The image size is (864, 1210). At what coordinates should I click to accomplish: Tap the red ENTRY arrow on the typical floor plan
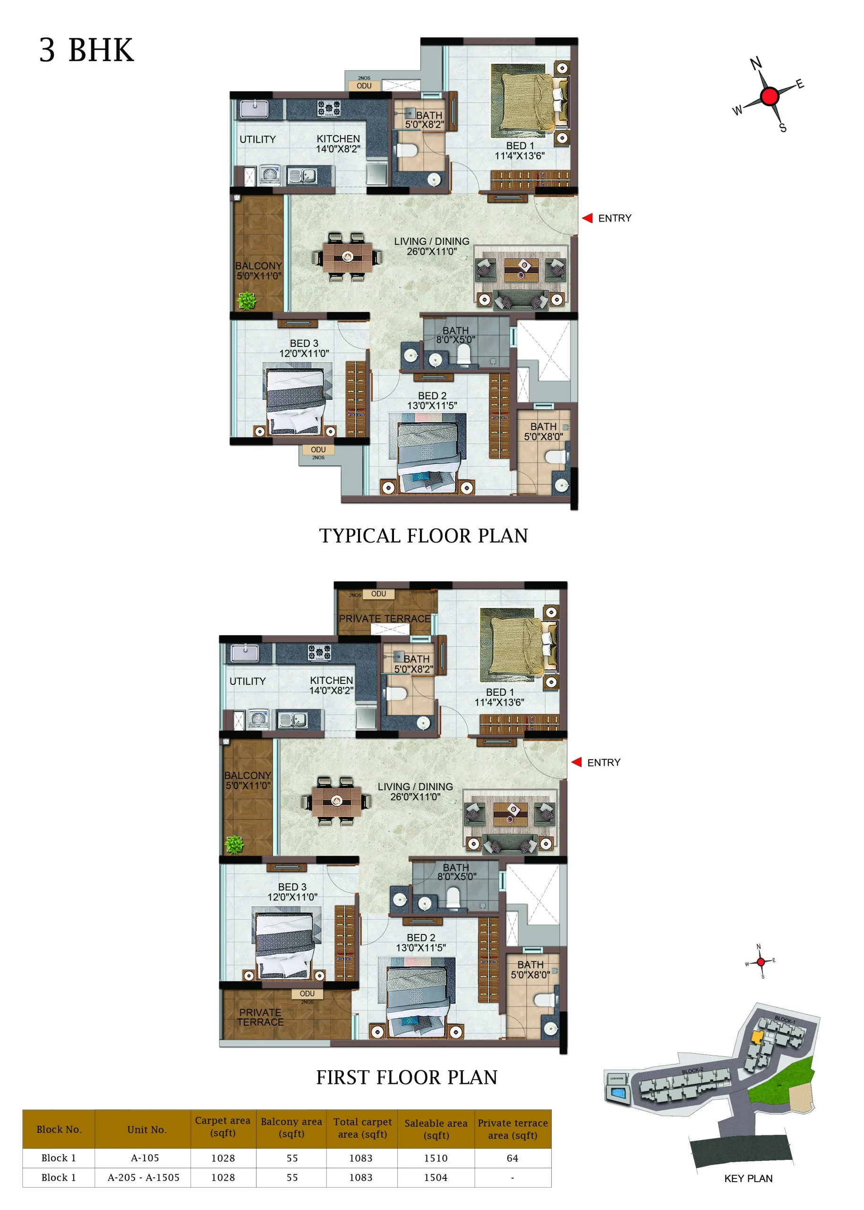coord(587,218)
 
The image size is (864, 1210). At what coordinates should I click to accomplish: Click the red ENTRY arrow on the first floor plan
coord(576,762)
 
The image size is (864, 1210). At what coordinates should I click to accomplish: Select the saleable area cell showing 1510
coord(436,1158)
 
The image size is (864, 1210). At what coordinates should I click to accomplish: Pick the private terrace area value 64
coord(513,1158)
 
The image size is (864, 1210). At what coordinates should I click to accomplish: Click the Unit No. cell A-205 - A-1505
coord(144,1177)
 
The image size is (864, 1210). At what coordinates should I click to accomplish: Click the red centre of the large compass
coord(770,96)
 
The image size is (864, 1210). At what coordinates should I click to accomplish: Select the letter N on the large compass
coord(756,63)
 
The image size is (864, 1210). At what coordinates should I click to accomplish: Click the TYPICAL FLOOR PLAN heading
coord(423,536)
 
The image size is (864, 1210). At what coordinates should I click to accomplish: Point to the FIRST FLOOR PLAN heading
coord(407,1078)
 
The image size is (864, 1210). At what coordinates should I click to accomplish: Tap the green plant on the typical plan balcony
coord(247,301)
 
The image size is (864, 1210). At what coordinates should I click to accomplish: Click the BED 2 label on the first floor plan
coord(421,937)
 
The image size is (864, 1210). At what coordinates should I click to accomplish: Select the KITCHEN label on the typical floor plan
coord(338,139)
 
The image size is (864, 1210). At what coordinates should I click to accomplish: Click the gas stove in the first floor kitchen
coord(319,652)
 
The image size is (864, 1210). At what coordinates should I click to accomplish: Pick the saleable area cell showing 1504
coord(436,1177)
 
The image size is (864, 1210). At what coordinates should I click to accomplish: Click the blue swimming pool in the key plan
coord(618,1093)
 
